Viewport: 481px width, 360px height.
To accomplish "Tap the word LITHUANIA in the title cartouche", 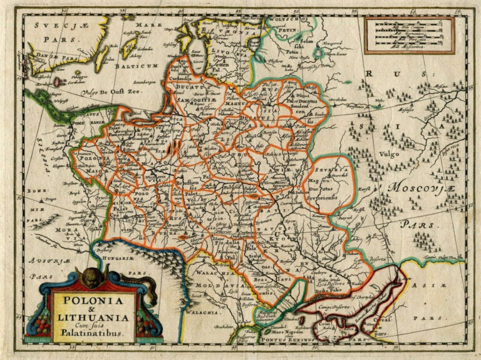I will click(93, 318).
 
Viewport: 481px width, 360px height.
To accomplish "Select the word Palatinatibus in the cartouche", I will click(93, 334).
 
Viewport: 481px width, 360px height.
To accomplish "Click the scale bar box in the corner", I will click(409, 35).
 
